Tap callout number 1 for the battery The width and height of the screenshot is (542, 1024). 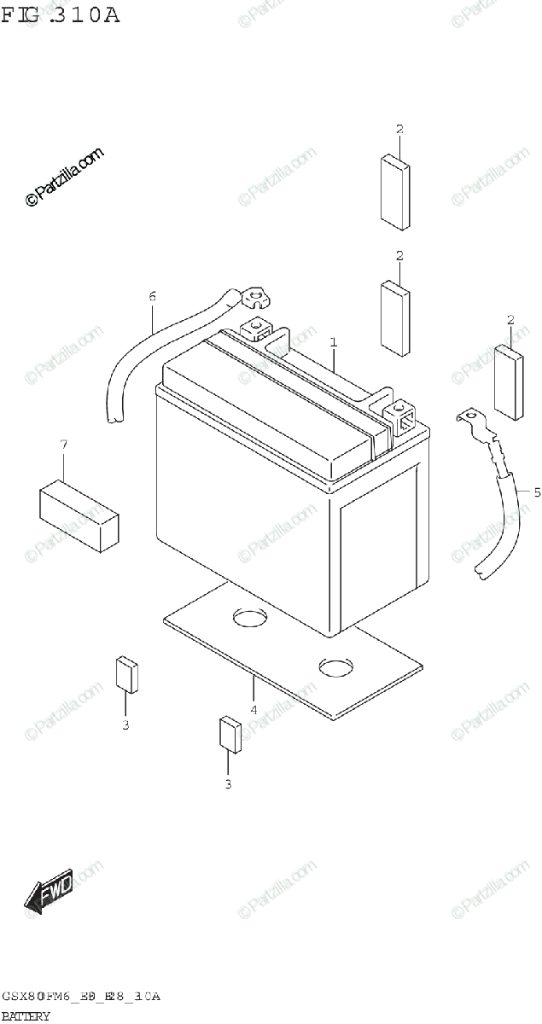(334, 342)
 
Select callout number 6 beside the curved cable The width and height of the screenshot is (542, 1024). (153, 297)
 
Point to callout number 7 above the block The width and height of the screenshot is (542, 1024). (63, 444)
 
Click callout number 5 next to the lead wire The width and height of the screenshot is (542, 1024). (537, 492)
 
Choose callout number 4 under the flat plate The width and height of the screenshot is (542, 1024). (254, 709)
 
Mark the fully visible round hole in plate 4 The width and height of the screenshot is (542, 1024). (335, 665)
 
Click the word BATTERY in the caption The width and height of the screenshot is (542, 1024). (26, 1015)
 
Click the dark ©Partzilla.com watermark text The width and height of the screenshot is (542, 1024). (65, 177)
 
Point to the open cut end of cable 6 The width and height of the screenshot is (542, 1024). (114, 420)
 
